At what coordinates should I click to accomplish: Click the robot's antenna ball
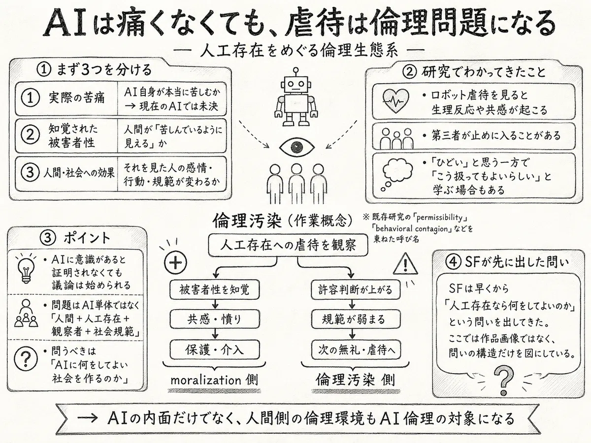pos(296,70)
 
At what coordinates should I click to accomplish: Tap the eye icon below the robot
pos(296,147)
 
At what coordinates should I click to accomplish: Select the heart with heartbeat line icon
pos(395,101)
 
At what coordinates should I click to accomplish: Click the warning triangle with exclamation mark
pos(405,264)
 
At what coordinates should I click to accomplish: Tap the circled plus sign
pos(175,262)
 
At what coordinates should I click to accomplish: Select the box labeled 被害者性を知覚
pos(215,290)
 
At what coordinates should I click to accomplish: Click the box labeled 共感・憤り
pos(215,319)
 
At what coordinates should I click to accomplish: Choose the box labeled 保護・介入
pos(215,349)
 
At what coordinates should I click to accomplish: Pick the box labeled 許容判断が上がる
pos(356,290)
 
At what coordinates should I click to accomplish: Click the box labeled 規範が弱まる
pos(356,319)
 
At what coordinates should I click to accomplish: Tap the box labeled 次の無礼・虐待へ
pos(356,349)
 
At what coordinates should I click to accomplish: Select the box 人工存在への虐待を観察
pos(288,245)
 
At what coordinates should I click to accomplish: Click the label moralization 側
pos(214,380)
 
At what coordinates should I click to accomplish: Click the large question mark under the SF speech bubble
pos(503,380)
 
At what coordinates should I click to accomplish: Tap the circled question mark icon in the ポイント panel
pos(26,358)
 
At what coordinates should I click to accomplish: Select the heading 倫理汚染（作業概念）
pos(283,222)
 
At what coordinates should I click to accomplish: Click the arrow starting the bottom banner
pos(87,418)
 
